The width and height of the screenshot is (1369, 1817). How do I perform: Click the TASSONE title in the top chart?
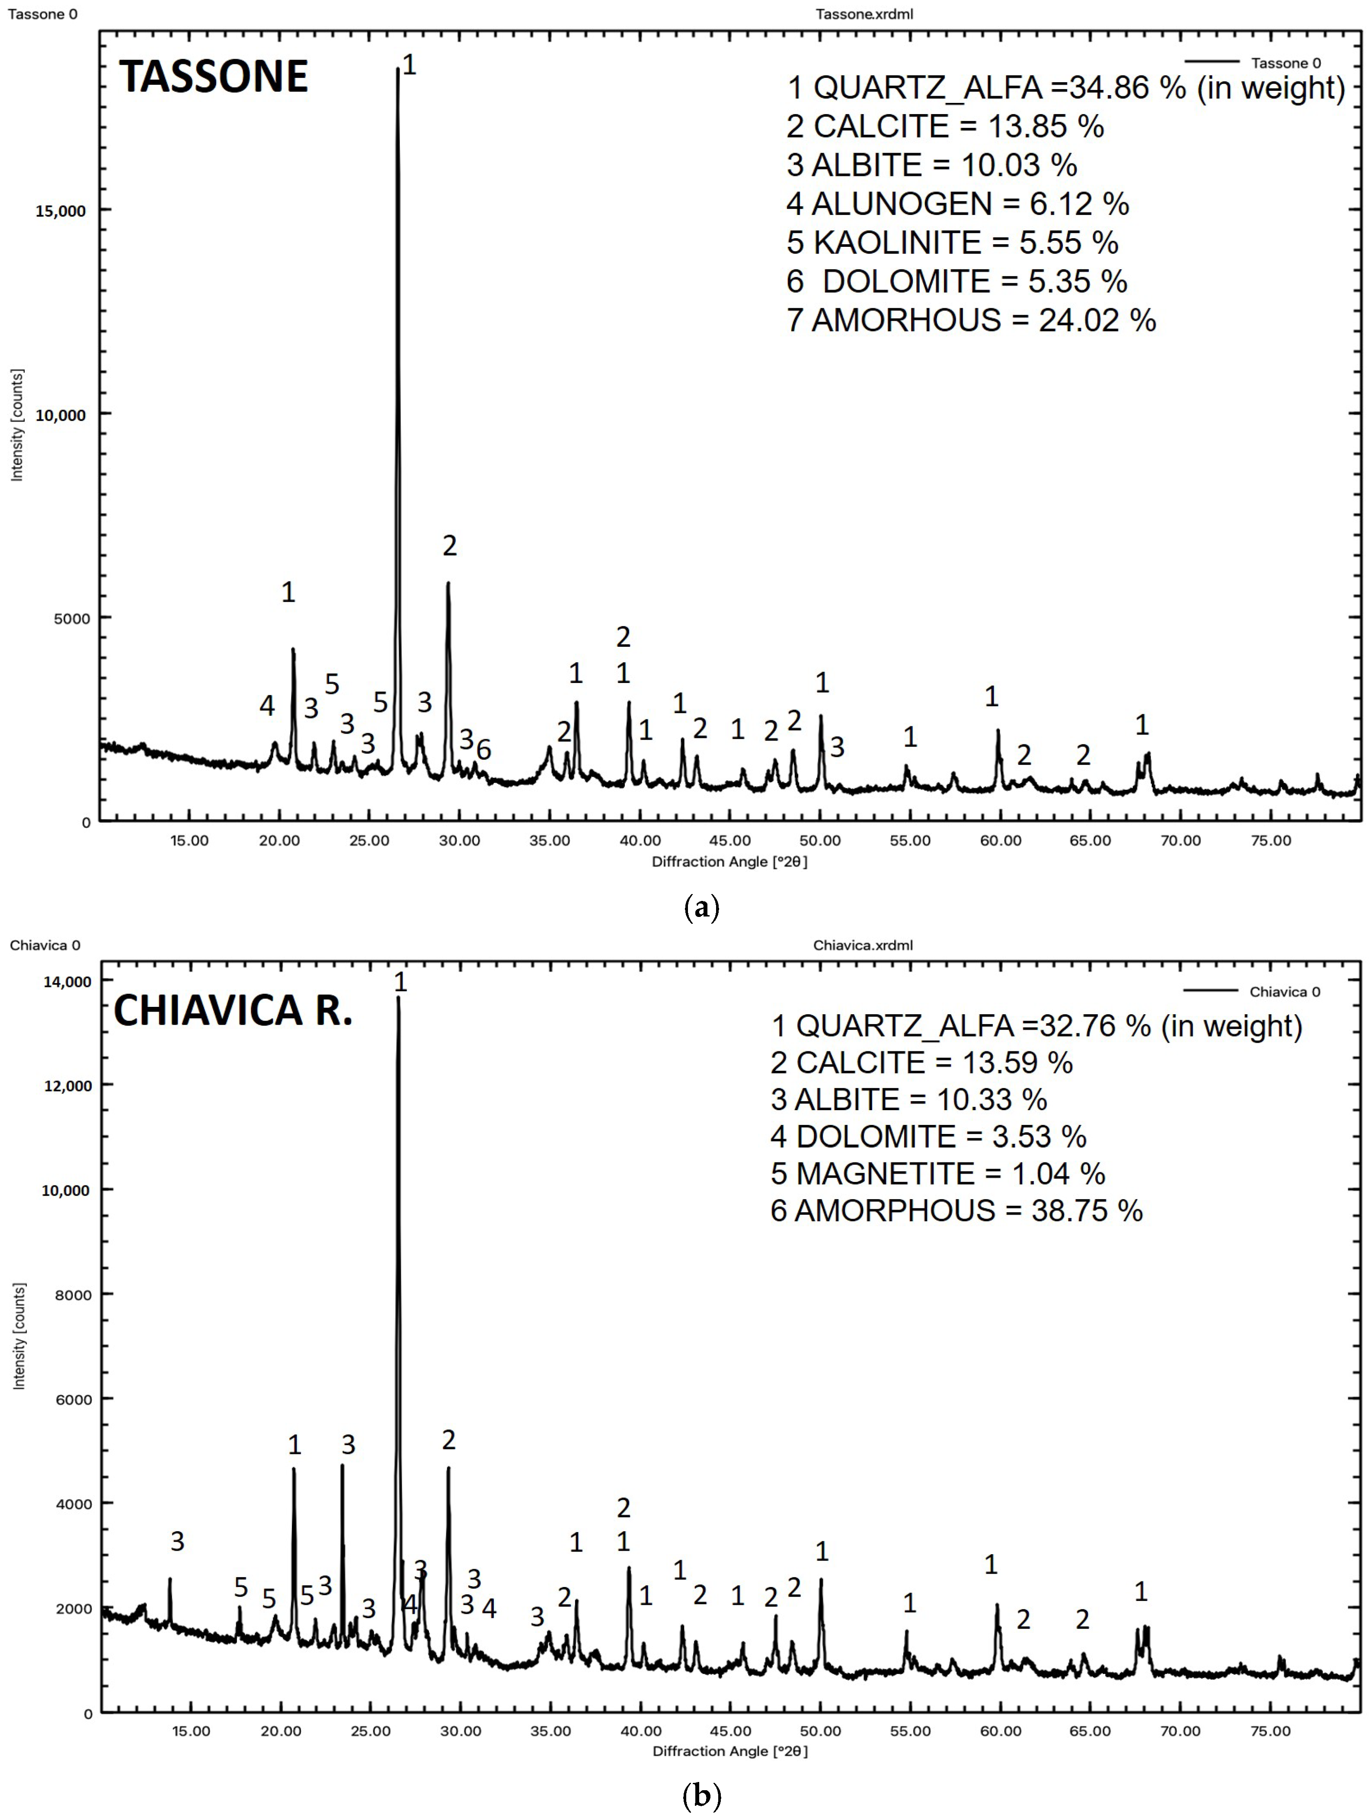[214, 77]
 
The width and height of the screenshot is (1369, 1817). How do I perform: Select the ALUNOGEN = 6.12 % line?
[957, 204]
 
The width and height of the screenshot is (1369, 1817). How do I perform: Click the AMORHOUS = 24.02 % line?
[971, 319]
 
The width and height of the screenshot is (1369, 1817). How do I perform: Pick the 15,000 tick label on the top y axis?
[60, 211]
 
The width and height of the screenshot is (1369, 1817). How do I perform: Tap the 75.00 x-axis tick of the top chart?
[1270, 840]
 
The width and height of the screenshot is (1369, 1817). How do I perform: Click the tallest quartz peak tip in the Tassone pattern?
[398, 69]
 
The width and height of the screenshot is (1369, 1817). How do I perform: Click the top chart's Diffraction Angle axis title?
[729, 862]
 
